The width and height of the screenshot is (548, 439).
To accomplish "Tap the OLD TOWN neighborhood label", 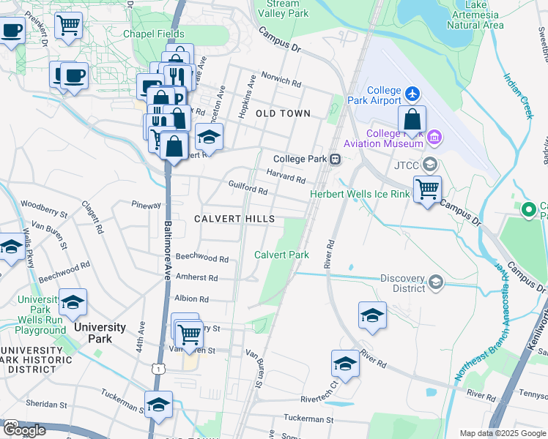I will (x=283, y=113).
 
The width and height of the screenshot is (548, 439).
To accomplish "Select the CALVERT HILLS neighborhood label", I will (x=234, y=219).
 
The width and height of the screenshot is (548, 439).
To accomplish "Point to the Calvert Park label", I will (x=281, y=255).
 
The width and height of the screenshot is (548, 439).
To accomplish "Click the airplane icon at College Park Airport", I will (x=412, y=94).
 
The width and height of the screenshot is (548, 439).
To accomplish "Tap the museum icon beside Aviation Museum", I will (x=434, y=137).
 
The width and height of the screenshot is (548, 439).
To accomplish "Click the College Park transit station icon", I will (x=335, y=159).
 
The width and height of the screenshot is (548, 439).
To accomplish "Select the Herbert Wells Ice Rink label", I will (x=359, y=194).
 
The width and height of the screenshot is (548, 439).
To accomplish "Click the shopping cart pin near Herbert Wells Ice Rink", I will (x=427, y=190).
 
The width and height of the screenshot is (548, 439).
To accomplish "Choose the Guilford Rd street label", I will (x=248, y=187).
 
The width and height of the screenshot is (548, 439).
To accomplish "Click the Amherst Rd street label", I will (x=196, y=277).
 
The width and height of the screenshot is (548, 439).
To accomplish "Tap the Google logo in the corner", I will (x=24, y=430).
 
